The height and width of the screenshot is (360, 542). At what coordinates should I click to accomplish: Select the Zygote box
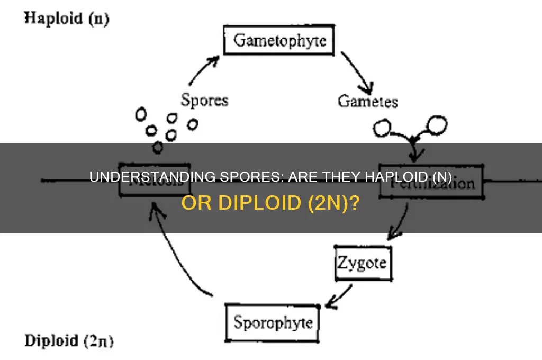[x=363, y=262]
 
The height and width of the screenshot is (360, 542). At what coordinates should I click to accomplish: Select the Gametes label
[x=367, y=101]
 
